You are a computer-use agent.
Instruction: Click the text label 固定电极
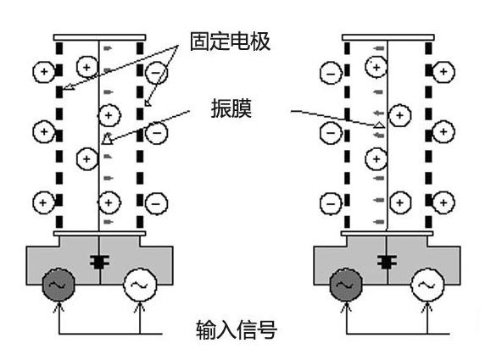230,42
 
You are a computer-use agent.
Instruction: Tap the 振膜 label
231,108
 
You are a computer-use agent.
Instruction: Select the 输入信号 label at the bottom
237,330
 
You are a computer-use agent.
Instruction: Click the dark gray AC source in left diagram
59,285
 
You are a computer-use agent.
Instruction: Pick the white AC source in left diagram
140,285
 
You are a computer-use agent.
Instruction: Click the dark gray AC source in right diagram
346,285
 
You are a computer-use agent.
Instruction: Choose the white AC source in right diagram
427,285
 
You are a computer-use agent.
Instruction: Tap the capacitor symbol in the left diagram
99,262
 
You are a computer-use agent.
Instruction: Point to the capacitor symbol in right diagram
387,262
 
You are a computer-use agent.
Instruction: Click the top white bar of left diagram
99,37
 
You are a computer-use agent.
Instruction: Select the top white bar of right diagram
387,37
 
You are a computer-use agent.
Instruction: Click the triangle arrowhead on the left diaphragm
107,139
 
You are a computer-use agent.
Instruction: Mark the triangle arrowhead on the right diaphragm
379,125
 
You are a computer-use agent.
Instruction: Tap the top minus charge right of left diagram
156,73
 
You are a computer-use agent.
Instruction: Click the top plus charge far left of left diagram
44,72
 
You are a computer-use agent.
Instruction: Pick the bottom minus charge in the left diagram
156,203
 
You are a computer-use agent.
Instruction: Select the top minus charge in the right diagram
331,74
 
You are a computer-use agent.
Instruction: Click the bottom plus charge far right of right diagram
443,202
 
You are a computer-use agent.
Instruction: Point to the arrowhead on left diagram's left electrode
69,87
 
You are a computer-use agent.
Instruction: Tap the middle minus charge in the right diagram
331,133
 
